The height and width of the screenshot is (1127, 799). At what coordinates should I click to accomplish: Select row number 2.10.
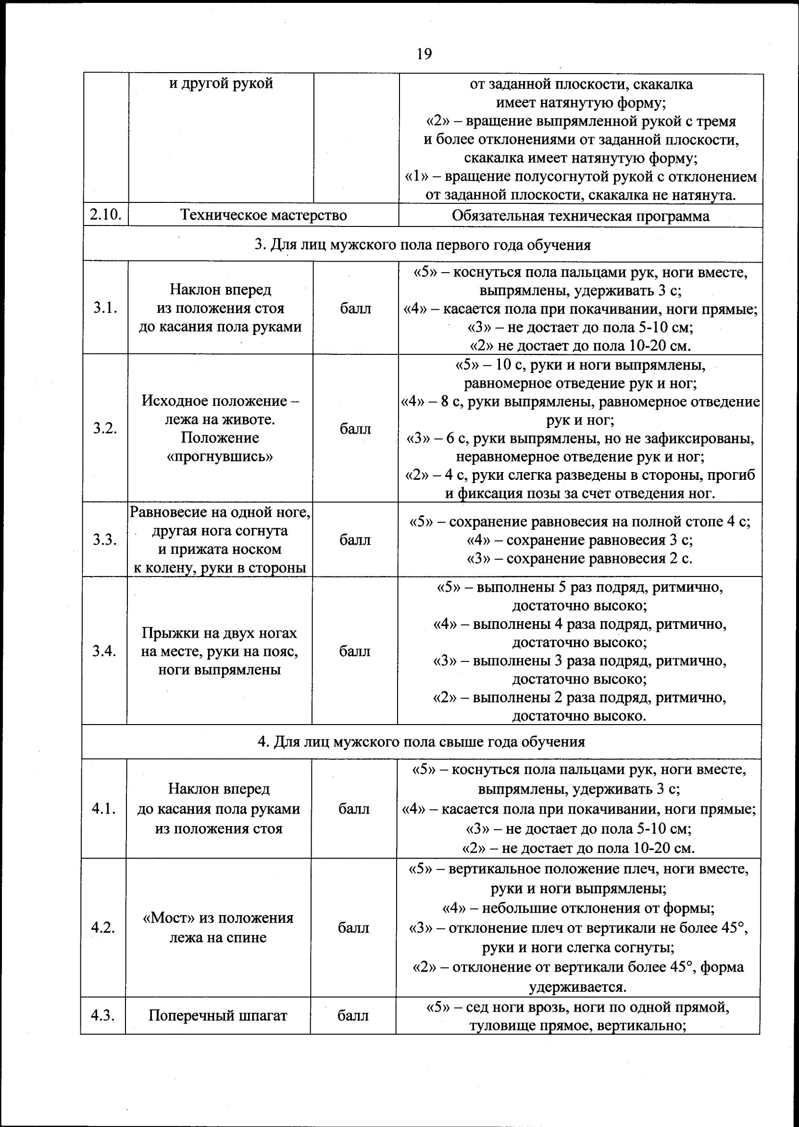pyautogui.click(x=106, y=215)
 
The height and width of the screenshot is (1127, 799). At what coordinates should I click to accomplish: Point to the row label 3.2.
pyautogui.click(x=105, y=428)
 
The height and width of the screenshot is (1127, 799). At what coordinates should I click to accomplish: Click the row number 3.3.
pyautogui.click(x=105, y=539)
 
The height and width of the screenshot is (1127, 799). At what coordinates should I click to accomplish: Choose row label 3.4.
pyautogui.click(x=104, y=651)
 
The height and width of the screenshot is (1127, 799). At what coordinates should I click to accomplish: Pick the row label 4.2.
pyautogui.click(x=103, y=928)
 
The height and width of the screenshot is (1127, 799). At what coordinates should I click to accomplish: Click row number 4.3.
pyautogui.click(x=103, y=1015)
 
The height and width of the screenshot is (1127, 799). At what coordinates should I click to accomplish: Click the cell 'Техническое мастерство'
pyautogui.click(x=263, y=215)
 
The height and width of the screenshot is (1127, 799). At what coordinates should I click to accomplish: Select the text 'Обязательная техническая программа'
pyautogui.click(x=581, y=216)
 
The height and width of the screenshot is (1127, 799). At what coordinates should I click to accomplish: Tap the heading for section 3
pyautogui.click(x=423, y=244)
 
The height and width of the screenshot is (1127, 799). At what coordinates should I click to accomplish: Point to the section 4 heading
pyautogui.click(x=421, y=741)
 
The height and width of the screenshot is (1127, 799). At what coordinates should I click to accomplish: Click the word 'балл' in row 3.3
pyautogui.click(x=355, y=539)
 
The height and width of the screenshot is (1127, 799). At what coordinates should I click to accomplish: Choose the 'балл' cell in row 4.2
pyautogui.click(x=353, y=928)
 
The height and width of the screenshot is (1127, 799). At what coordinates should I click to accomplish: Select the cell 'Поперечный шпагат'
pyautogui.click(x=217, y=1015)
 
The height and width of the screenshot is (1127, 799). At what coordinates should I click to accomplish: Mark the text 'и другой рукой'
pyautogui.click(x=221, y=83)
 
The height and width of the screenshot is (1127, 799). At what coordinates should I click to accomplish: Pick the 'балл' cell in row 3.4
pyautogui.click(x=354, y=651)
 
